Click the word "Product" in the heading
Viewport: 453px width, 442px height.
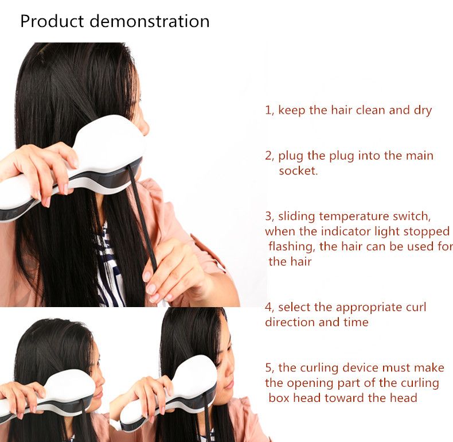tap(52, 21)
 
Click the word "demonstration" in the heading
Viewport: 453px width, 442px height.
tap(150, 21)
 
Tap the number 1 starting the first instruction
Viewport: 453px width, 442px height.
tap(268, 110)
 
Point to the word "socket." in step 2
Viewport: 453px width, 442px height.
tap(298, 170)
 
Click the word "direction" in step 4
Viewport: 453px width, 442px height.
tap(290, 322)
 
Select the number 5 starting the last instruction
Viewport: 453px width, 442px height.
tap(268, 368)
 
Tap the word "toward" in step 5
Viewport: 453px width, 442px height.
tap(344, 398)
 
